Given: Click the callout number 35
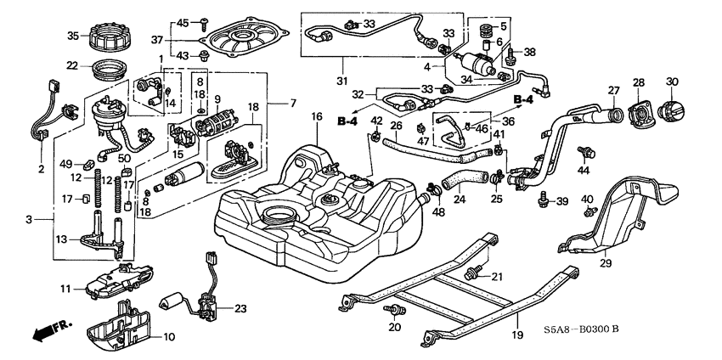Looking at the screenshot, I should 72,35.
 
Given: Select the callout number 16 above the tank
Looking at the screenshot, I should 316,116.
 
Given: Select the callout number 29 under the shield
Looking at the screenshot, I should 605,264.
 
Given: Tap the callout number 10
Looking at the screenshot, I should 168,337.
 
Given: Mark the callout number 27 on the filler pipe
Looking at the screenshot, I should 614,90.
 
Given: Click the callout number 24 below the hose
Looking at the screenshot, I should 460,201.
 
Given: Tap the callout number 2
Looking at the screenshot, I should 41,169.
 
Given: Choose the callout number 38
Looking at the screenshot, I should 530,51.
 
